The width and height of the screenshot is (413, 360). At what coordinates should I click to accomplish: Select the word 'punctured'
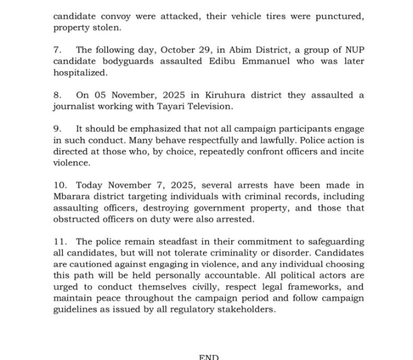340,16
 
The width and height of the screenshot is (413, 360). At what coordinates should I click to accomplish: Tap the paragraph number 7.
57,50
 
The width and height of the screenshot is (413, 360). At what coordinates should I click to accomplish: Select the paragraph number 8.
57,95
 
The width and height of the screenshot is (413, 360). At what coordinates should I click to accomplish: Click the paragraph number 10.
60,185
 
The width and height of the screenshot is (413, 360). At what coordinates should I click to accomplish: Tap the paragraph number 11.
60,242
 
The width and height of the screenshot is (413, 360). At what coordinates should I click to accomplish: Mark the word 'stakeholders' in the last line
245,310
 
